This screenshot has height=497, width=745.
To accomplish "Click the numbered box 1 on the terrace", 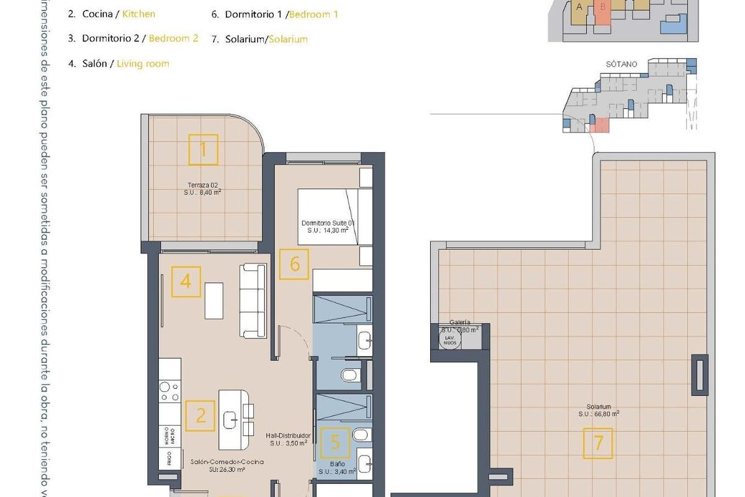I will tap(203, 150).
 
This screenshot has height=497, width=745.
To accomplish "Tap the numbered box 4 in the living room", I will tap(186, 281).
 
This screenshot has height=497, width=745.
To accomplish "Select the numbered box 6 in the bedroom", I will tap(294, 264).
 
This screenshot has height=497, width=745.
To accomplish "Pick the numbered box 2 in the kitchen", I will tap(201, 415).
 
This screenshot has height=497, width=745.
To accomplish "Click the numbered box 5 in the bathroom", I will tap(335, 442).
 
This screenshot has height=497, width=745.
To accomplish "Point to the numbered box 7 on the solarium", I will tap(598, 443).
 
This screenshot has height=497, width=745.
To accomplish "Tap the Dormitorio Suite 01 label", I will tap(327, 223).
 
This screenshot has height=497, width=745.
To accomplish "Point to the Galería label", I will tap(459, 322).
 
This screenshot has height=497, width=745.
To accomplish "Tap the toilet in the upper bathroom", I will tap(350, 374).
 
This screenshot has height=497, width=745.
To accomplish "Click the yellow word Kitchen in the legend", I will tap(139, 13).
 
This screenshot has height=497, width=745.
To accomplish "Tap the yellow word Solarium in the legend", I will tap(287, 39).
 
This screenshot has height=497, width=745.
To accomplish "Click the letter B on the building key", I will tap(602, 7).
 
